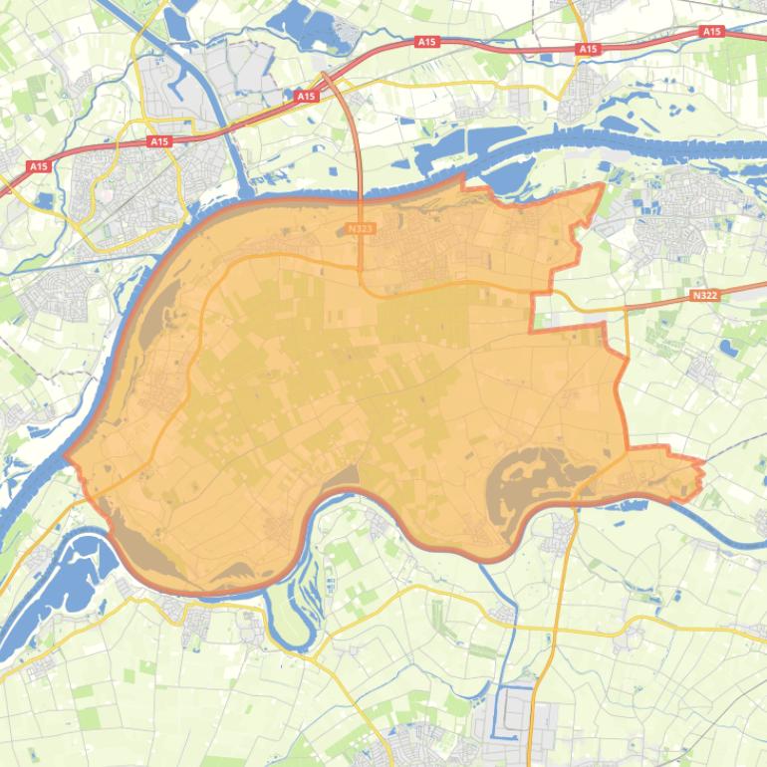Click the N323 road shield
click(x=362, y=228)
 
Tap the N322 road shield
click(x=703, y=296)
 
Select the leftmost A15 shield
click(x=39, y=166)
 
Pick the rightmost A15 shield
click(x=711, y=32)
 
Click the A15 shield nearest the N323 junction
click(x=306, y=97)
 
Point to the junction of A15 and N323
click(x=324, y=75)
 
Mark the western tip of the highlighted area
click(x=67, y=456)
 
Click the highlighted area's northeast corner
click(x=602, y=185)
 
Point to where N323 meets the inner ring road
click(x=364, y=286)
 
